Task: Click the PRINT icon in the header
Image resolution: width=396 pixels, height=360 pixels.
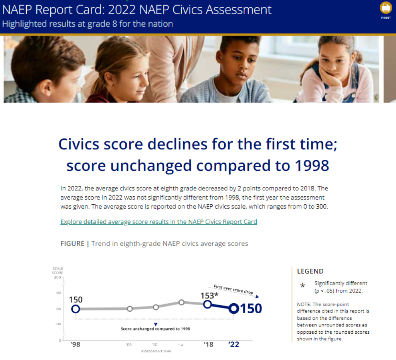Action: pyautogui.click(x=386, y=8)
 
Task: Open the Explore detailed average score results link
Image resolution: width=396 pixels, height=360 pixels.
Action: pyautogui.click(x=159, y=222)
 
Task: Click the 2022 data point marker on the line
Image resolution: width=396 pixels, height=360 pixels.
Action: pyautogui.click(x=234, y=308)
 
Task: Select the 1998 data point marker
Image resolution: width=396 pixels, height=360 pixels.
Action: pyautogui.click(x=76, y=309)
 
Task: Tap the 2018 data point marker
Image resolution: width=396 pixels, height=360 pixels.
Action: pyautogui.click(x=207, y=304)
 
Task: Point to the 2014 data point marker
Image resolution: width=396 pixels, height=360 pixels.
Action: pyautogui.click(x=181, y=302)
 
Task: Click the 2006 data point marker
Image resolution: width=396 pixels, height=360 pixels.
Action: pyautogui.click(x=130, y=309)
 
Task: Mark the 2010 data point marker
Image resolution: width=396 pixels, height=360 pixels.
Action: pyautogui.click(x=156, y=307)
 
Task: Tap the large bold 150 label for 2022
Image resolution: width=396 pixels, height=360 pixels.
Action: pyautogui.click(x=251, y=309)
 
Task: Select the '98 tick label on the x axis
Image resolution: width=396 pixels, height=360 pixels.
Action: pyautogui.click(x=75, y=344)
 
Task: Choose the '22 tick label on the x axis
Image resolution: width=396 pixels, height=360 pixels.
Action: pyautogui.click(x=234, y=344)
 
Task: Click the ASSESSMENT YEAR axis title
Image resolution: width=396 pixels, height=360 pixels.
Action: pyautogui.click(x=156, y=351)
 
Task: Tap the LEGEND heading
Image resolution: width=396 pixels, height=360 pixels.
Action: pyautogui.click(x=310, y=272)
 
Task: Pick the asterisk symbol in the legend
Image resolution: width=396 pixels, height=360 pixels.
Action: pyautogui.click(x=302, y=286)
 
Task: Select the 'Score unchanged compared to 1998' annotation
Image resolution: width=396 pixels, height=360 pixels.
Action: pyautogui.click(x=155, y=329)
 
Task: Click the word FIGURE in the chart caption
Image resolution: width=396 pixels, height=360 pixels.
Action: pyautogui.click(x=72, y=243)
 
